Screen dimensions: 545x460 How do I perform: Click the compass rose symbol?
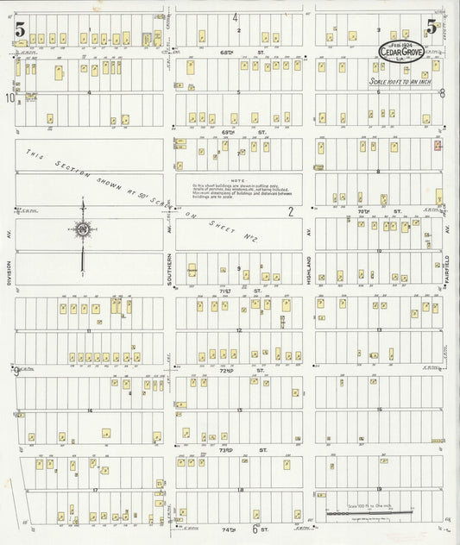point(83,229)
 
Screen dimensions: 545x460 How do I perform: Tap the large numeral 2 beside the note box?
point(291,211)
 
